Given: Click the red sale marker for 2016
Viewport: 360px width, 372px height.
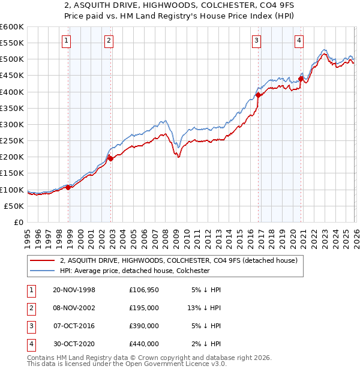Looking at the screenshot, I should [258, 95].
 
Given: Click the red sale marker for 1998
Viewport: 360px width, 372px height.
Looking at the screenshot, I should [68, 187].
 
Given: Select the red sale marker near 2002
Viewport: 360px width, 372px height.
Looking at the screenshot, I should [110, 158].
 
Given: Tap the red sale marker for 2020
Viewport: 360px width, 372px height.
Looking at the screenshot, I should [301, 79].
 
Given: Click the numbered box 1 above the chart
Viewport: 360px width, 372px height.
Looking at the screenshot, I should [66, 41].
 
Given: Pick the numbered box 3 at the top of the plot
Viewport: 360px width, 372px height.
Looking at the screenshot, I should [256, 41].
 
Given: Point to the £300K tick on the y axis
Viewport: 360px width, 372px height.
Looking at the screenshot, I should [12, 124].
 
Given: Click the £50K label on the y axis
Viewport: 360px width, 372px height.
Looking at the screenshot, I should [14, 206].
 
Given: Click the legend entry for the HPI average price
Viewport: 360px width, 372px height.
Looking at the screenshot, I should [134, 271].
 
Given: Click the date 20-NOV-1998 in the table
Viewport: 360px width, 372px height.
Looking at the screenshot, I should [74, 290].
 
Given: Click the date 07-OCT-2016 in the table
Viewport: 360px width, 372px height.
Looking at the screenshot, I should [74, 326].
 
